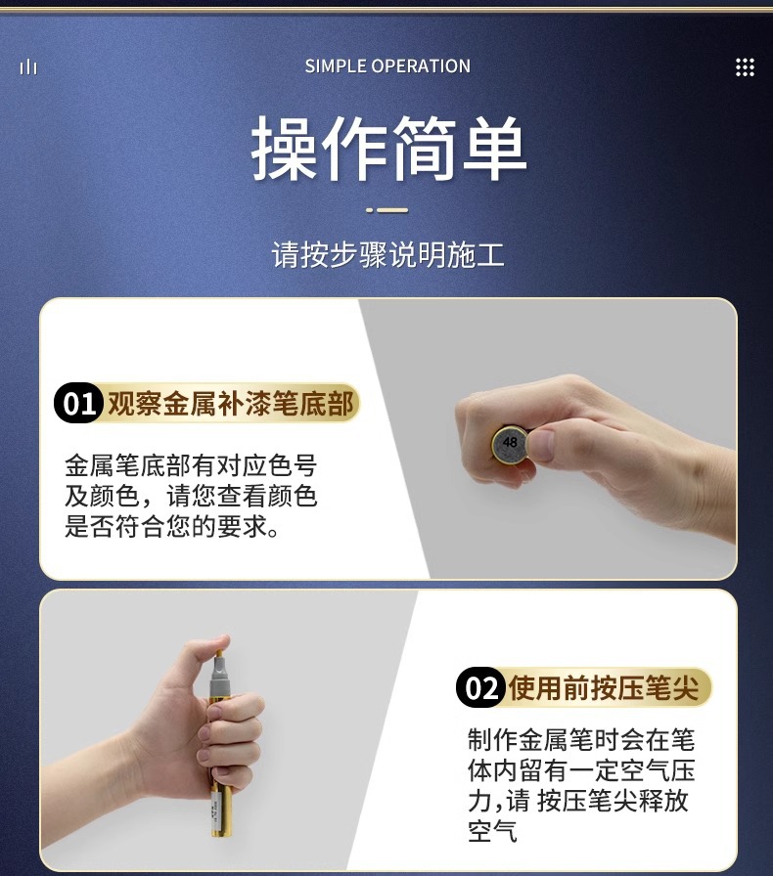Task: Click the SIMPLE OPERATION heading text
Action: pyautogui.click(x=387, y=66)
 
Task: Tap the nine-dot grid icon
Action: pyautogui.click(x=745, y=67)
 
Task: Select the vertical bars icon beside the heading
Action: pyautogui.click(x=28, y=67)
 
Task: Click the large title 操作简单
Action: pyautogui.click(x=388, y=149)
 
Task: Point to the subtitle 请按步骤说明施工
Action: pyautogui.click(x=388, y=255)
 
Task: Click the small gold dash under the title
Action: pyautogui.click(x=387, y=210)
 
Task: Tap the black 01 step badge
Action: pyautogui.click(x=78, y=403)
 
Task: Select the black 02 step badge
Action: pyautogui.click(x=481, y=687)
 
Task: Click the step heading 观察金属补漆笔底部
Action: pyautogui.click(x=231, y=404)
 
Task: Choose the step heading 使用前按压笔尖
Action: pyautogui.click(x=604, y=687)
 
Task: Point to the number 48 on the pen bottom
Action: pyautogui.click(x=510, y=443)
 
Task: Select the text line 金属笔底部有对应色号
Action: pyautogui.click(x=191, y=465)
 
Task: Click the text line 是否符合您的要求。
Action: pyautogui.click(x=171, y=526)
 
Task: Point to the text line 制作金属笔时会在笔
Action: pyautogui.click(x=581, y=740)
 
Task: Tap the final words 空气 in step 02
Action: pyautogui.click(x=493, y=831)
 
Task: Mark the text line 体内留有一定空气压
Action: pyautogui.click(x=581, y=770)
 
